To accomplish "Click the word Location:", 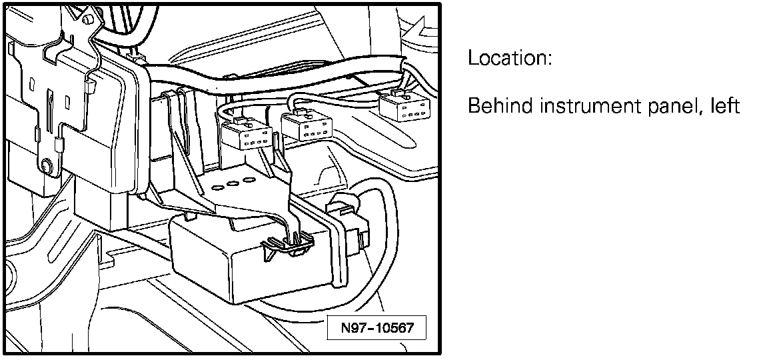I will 510,58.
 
